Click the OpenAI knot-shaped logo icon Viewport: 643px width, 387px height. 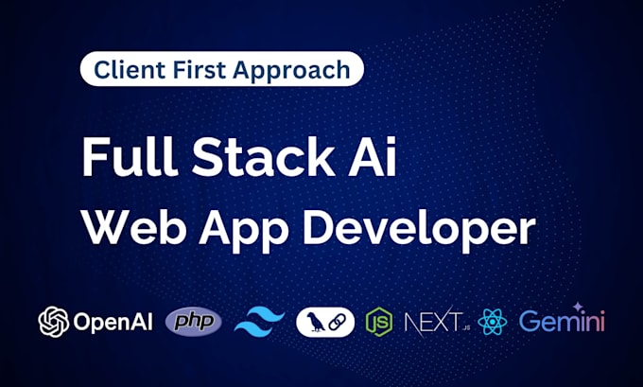[53, 322]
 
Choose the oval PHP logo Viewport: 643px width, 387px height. [194, 322]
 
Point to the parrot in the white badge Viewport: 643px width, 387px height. [315, 322]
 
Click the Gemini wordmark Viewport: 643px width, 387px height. [562, 322]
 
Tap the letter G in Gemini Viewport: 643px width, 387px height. [530, 322]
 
